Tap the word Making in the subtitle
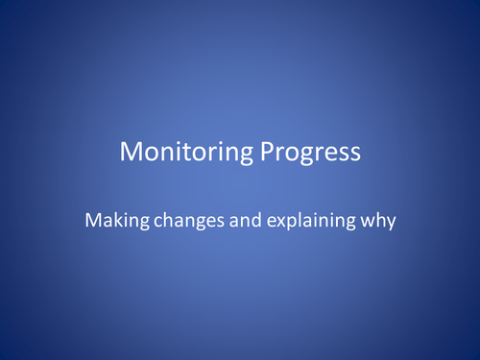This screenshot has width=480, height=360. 112,220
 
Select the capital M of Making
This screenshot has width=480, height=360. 92,219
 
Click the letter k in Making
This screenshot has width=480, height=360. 113,219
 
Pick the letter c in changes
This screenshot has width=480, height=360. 147,221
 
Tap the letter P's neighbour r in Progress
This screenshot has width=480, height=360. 269,155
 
